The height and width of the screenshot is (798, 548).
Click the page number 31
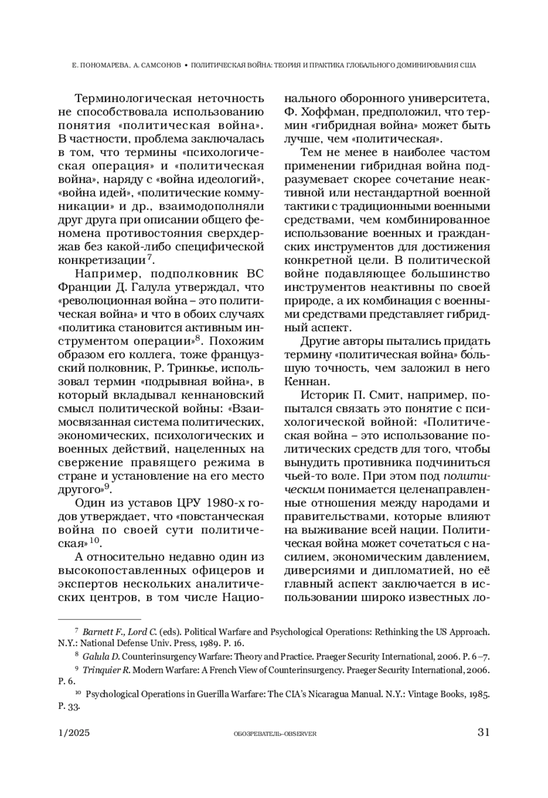coord(483,732)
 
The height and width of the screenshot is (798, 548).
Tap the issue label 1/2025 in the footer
coord(74,733)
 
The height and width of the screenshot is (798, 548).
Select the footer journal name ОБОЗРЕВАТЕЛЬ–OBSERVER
coord(274,734)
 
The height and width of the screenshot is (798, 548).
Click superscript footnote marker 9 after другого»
coord(107,487)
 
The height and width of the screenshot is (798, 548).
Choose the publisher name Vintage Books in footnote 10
coord(435,694)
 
